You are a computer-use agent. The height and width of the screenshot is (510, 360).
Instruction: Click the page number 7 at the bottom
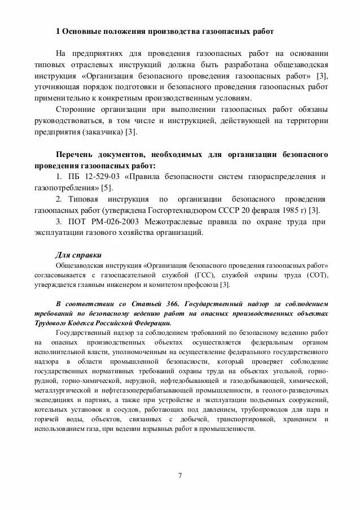tap(179, 475)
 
